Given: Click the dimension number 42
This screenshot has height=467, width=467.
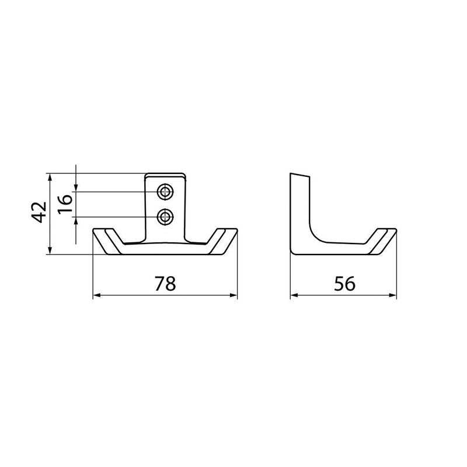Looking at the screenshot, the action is tap(39, 212).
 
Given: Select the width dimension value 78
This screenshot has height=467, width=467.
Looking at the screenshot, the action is tap(165, 284).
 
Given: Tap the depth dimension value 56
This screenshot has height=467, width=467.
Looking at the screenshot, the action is tap(344, 284).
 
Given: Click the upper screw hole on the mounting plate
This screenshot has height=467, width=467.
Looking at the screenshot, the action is tap(165, 192).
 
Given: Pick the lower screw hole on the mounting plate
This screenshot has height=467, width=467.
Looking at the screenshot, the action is tap(165, 217).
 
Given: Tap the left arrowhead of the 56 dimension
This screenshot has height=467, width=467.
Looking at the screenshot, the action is tap(294, 295).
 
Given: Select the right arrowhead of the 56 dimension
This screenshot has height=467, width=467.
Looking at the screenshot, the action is tap(392, 295).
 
